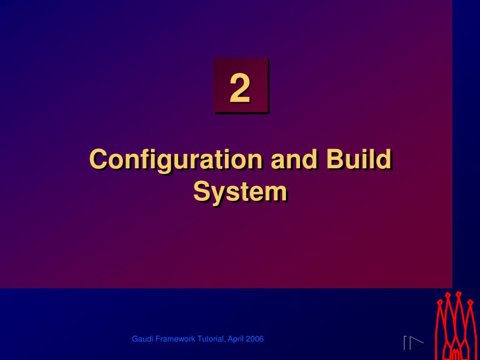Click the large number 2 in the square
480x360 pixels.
click(240, 89)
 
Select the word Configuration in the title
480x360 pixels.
click(175, 160)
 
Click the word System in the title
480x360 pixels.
click(240, 192)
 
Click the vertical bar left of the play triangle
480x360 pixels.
click(405, 343)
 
